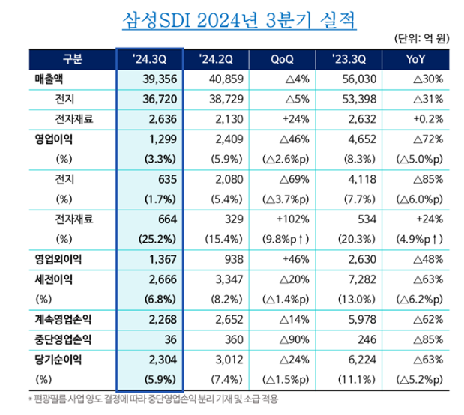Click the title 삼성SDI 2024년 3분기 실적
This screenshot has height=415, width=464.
pos(239,18)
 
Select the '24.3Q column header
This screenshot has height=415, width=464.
pos(148,59)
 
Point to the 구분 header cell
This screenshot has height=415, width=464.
pos(72,59)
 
